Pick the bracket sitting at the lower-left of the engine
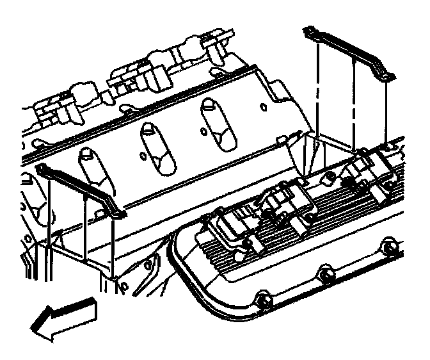point(80,190)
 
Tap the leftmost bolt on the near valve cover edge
point(261,298)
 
